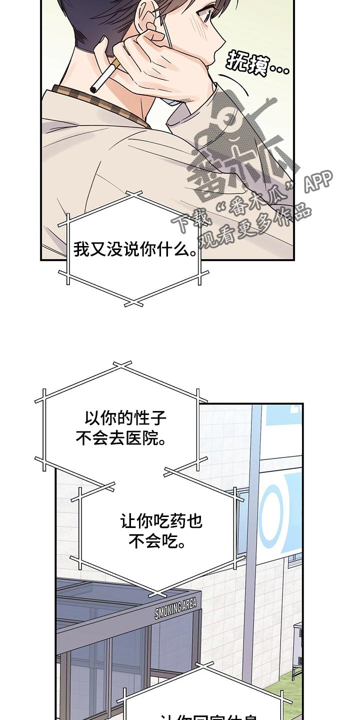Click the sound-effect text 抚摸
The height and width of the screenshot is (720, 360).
coord(257,63)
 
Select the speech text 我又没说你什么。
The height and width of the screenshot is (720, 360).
coord(135,249)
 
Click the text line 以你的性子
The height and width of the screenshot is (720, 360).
coord(125,418)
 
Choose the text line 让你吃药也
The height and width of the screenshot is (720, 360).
coord(161,522)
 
